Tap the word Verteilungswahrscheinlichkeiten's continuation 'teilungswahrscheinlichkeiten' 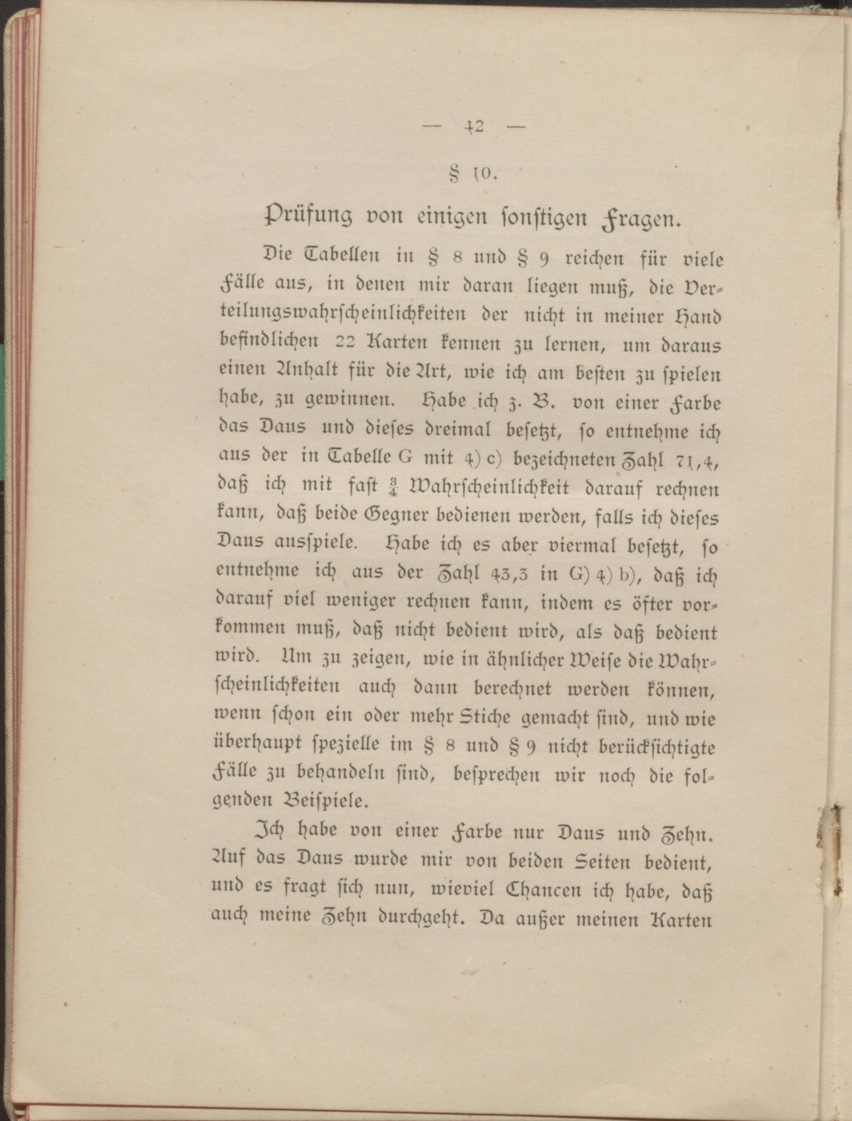pyautogui.click(x=343, y=314)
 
